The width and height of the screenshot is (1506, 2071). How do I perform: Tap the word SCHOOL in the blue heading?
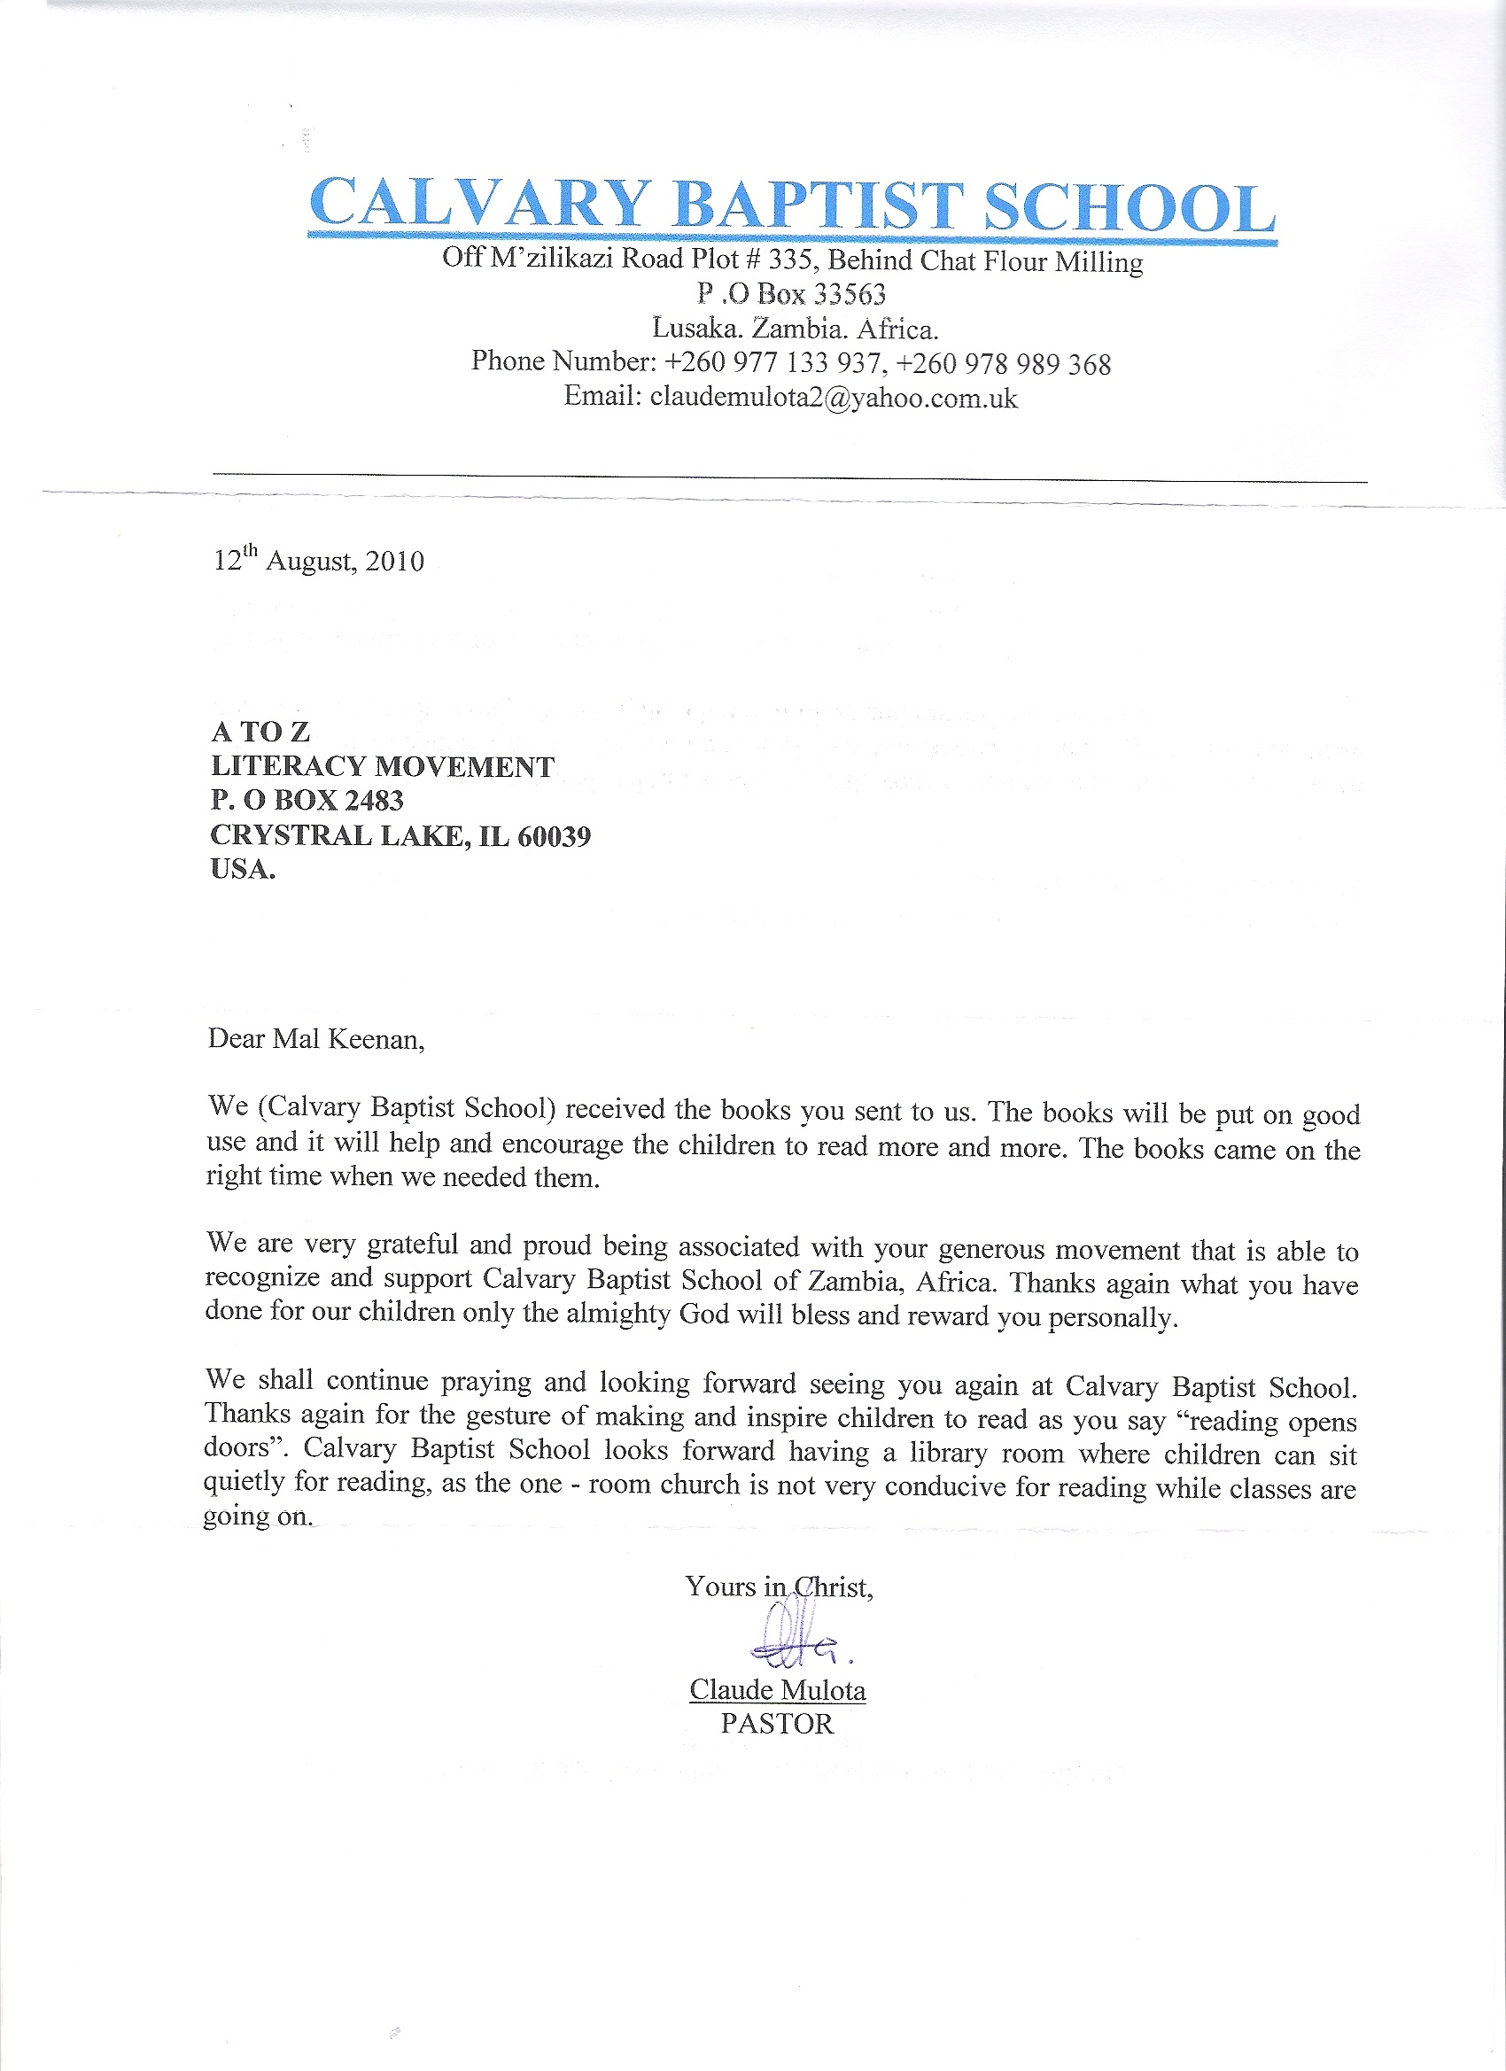tap(1129, 208)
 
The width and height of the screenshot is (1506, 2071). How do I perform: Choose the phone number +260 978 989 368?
tap(1004, 364)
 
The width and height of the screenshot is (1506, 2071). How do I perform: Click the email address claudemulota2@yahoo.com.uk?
tap(833, 398)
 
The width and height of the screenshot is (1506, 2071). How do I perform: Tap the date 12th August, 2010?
tap(319, 559)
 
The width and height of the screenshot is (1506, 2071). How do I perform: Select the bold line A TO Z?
tap(260, 732)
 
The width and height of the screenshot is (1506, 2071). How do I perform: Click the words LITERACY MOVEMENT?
tap(382, 766)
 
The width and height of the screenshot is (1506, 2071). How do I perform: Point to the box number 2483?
tap(374, 800)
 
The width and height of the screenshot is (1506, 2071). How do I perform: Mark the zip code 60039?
tap(554, 835)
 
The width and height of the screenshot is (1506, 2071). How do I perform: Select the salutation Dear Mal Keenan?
tap(316, 1039)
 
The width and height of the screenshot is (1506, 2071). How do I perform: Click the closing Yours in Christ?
tap(779, 1586)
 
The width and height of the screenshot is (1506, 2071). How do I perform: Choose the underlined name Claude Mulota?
tap(777, 1689)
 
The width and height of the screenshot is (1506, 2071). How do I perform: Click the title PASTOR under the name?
tap(777, 1724)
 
